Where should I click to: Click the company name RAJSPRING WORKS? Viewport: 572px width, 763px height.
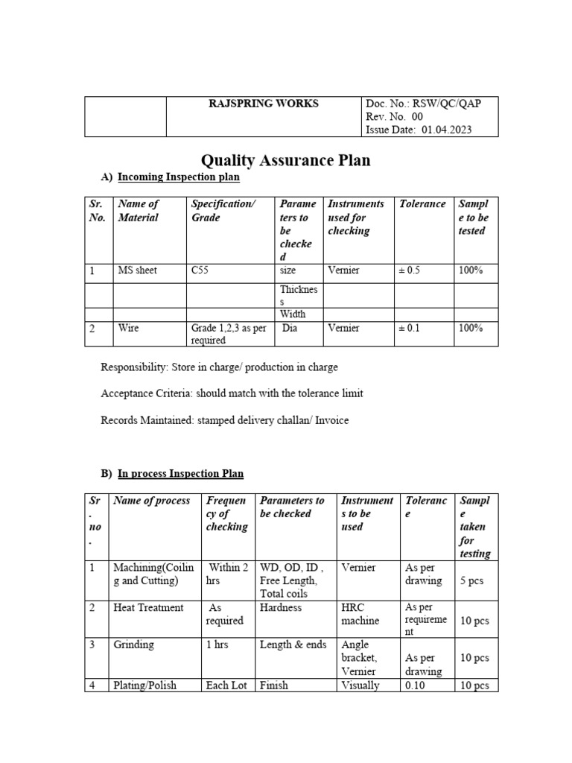(x=263, y=104)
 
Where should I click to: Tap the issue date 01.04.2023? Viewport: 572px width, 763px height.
(x=447, y=130)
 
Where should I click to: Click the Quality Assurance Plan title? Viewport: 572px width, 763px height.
(x=286, y=160)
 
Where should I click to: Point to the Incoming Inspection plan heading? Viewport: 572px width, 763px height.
(x=179, y=179)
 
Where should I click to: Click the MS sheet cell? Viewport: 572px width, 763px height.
(x=137, y=270)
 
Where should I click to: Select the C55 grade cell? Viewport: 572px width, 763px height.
(x=200, y=270)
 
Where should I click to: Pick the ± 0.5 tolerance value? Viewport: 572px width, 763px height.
(x=410, y=270)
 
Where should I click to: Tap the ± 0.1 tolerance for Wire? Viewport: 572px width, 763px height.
(x=410, y=328)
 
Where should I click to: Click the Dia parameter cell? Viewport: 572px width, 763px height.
(x=290, y=328)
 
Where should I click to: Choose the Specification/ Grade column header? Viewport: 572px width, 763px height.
(x=223, y=211)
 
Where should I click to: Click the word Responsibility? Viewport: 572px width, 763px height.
(x=134, y=367)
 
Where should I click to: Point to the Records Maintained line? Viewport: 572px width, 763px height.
(x=223, y=420)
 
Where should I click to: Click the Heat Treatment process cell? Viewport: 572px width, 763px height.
(x=148, y=608)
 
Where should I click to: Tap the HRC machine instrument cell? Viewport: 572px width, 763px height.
(x=360, y=614)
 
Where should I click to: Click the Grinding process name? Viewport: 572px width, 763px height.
(x=133, y=645)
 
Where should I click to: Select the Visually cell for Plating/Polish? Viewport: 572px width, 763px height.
(x=360, y=685)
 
